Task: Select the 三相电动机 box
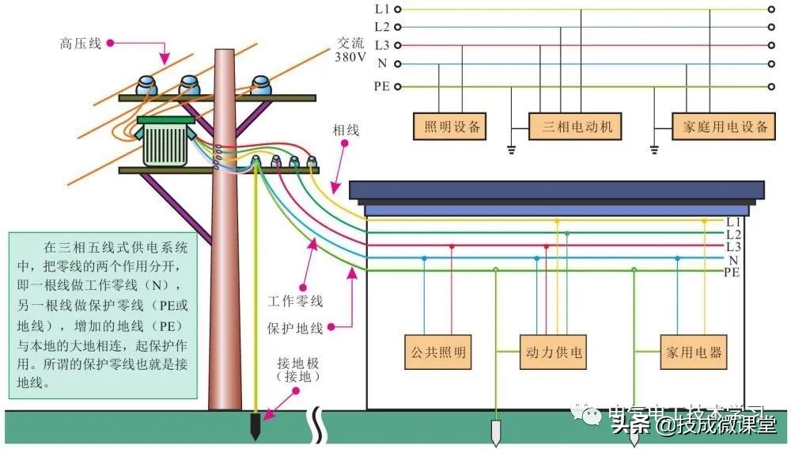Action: pos(577,127)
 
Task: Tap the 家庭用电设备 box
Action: pos(720,127)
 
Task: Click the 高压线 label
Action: pos(80,44)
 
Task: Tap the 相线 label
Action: pos(345,130)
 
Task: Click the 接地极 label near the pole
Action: pos(297,370)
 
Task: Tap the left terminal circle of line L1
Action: pos(398,10)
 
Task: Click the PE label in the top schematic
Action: pos(381,86)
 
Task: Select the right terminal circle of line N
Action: pos(770,64)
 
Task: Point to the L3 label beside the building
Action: pos(733,247)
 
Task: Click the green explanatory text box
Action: pos(101,314)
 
